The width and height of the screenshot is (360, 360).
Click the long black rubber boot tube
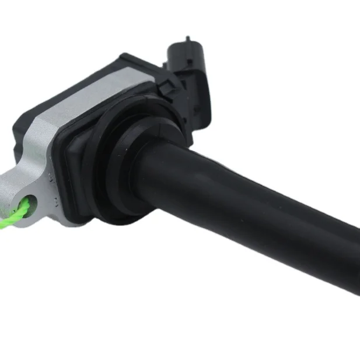263,210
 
